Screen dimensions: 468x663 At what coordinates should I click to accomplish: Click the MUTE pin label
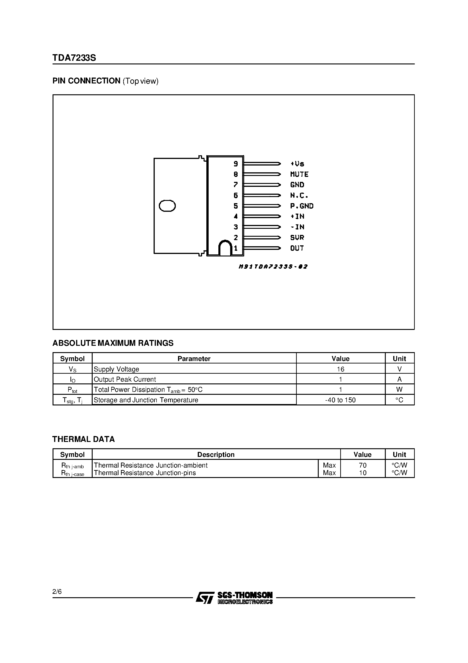tap(299, 174)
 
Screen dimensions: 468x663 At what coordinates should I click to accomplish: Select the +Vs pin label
tap(297, 164)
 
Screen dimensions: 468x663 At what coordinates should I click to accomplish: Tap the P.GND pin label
tap(302, 206)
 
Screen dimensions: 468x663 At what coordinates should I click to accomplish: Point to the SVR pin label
tap(297, 237)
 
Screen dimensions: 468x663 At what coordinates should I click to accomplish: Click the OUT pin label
tap(297, 248)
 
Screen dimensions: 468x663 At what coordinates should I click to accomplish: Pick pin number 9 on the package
tap(236, 164)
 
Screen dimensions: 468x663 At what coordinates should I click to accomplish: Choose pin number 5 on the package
tap(236, 206)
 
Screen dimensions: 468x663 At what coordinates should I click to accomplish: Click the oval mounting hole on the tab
tap(167, 206)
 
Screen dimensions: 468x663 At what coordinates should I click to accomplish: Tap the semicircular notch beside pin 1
tap(225, 248)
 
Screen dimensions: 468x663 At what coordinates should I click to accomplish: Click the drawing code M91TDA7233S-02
tap(273, 266)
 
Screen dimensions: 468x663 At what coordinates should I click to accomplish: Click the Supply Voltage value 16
tap(340, 369)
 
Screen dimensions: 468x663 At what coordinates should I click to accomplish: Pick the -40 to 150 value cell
tap(340, 400)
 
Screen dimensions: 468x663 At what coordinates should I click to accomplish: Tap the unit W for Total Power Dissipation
tap(399, 390)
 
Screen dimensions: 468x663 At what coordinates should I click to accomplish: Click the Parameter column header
tap(194, 359)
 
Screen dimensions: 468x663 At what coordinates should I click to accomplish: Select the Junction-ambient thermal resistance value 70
tap(363, 465)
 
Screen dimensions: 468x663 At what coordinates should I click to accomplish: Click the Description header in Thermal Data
tap(216, 455)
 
